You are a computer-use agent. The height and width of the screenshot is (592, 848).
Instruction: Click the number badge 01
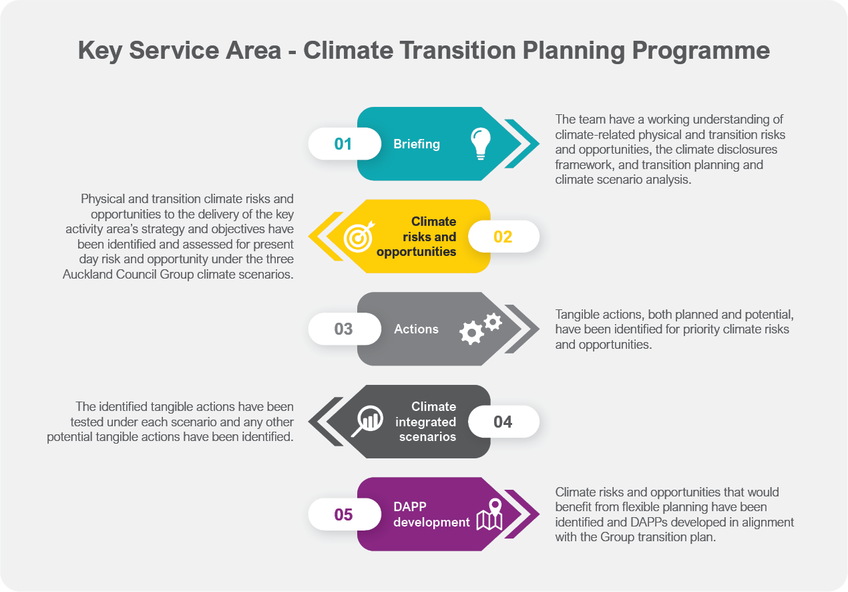343,144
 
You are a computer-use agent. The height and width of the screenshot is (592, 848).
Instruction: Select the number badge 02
503,237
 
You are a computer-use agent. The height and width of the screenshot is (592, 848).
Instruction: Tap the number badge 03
343,329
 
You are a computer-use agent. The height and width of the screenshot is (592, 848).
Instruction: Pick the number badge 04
503,422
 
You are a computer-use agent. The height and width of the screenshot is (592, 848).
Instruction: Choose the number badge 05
343,514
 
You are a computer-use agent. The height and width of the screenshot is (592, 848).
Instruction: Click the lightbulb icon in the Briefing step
480,144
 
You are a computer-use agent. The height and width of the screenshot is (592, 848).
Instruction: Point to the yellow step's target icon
359,237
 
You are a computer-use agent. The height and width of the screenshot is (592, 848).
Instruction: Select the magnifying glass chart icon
366,421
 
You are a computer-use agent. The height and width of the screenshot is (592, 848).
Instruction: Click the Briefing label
417,144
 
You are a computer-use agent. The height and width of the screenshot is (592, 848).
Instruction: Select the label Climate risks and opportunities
417,237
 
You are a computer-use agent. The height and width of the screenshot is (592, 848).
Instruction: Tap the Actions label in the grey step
416,329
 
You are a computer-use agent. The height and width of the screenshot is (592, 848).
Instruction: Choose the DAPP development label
431,514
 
